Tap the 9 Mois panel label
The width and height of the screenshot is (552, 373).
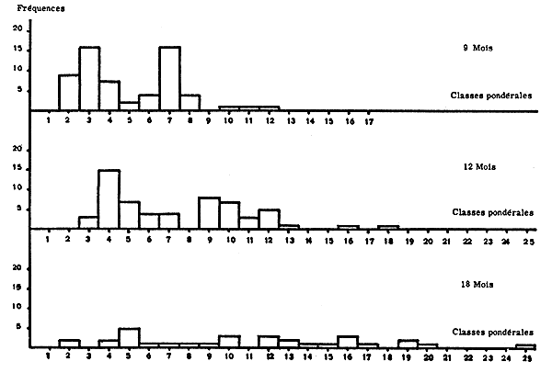(479, 47)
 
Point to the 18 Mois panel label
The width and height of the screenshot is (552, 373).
(479, 284)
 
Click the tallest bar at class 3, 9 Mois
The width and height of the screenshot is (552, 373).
(89, 78)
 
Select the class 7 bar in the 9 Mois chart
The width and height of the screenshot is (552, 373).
(169, 78)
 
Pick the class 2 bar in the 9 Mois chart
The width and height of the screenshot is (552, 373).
(69, 92)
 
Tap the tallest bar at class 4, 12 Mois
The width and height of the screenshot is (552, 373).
(109, 198)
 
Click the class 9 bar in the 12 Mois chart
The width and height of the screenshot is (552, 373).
(209, 212)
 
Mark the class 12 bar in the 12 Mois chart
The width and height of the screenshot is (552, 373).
(269, 218)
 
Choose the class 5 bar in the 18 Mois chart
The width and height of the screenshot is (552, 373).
(129, 337)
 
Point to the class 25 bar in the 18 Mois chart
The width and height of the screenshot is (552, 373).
(525, 345)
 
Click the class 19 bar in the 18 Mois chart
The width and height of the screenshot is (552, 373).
(408, 344)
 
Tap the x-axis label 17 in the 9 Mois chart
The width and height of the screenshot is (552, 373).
(369, 120)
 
